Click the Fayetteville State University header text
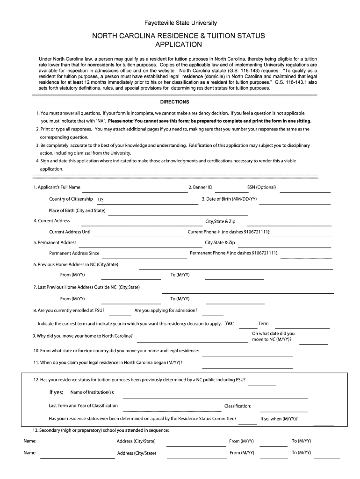click(x=180, y=22)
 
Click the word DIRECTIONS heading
click(x=175, y=102)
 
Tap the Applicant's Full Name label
click(x=57, y=188)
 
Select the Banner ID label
click(x=200, y=188)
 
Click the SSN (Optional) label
click(x=261, y=188)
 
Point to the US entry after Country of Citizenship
click(x=101, y=200)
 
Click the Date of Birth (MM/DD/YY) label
click(x=229, y=199)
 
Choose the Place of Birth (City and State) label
click(x=77, y=210)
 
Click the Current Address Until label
click(x=70, y=232)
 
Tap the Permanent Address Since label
click(x=74, y=254)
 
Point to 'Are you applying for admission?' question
click(x=166, y=311)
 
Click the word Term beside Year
click(x=263, y=324)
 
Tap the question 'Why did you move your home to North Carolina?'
click(x=82, y=336)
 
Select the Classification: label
click(x=238, y=406)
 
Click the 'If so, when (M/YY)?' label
click(x=279, y=419)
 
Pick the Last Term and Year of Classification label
click(x=83, y=406)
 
